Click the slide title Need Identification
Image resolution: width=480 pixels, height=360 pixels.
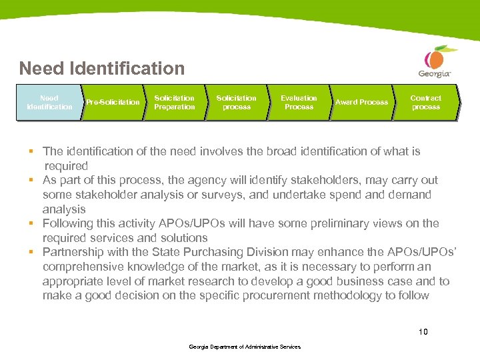101,68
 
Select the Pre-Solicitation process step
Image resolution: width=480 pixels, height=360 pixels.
112,102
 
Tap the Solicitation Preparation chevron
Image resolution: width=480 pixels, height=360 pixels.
174,102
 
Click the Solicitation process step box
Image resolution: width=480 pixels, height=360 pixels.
236,102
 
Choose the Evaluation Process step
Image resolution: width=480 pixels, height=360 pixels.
299,102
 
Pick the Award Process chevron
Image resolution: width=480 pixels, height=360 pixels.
361,102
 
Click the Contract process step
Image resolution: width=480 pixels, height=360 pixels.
425,102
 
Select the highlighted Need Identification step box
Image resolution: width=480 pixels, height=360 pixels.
49,102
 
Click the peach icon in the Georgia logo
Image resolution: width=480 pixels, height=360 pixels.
436,56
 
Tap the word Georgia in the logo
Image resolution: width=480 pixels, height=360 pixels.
434,73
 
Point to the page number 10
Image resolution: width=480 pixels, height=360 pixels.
423,331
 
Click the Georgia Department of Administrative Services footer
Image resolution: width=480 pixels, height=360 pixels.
245,347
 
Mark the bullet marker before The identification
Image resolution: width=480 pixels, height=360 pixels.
31,151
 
